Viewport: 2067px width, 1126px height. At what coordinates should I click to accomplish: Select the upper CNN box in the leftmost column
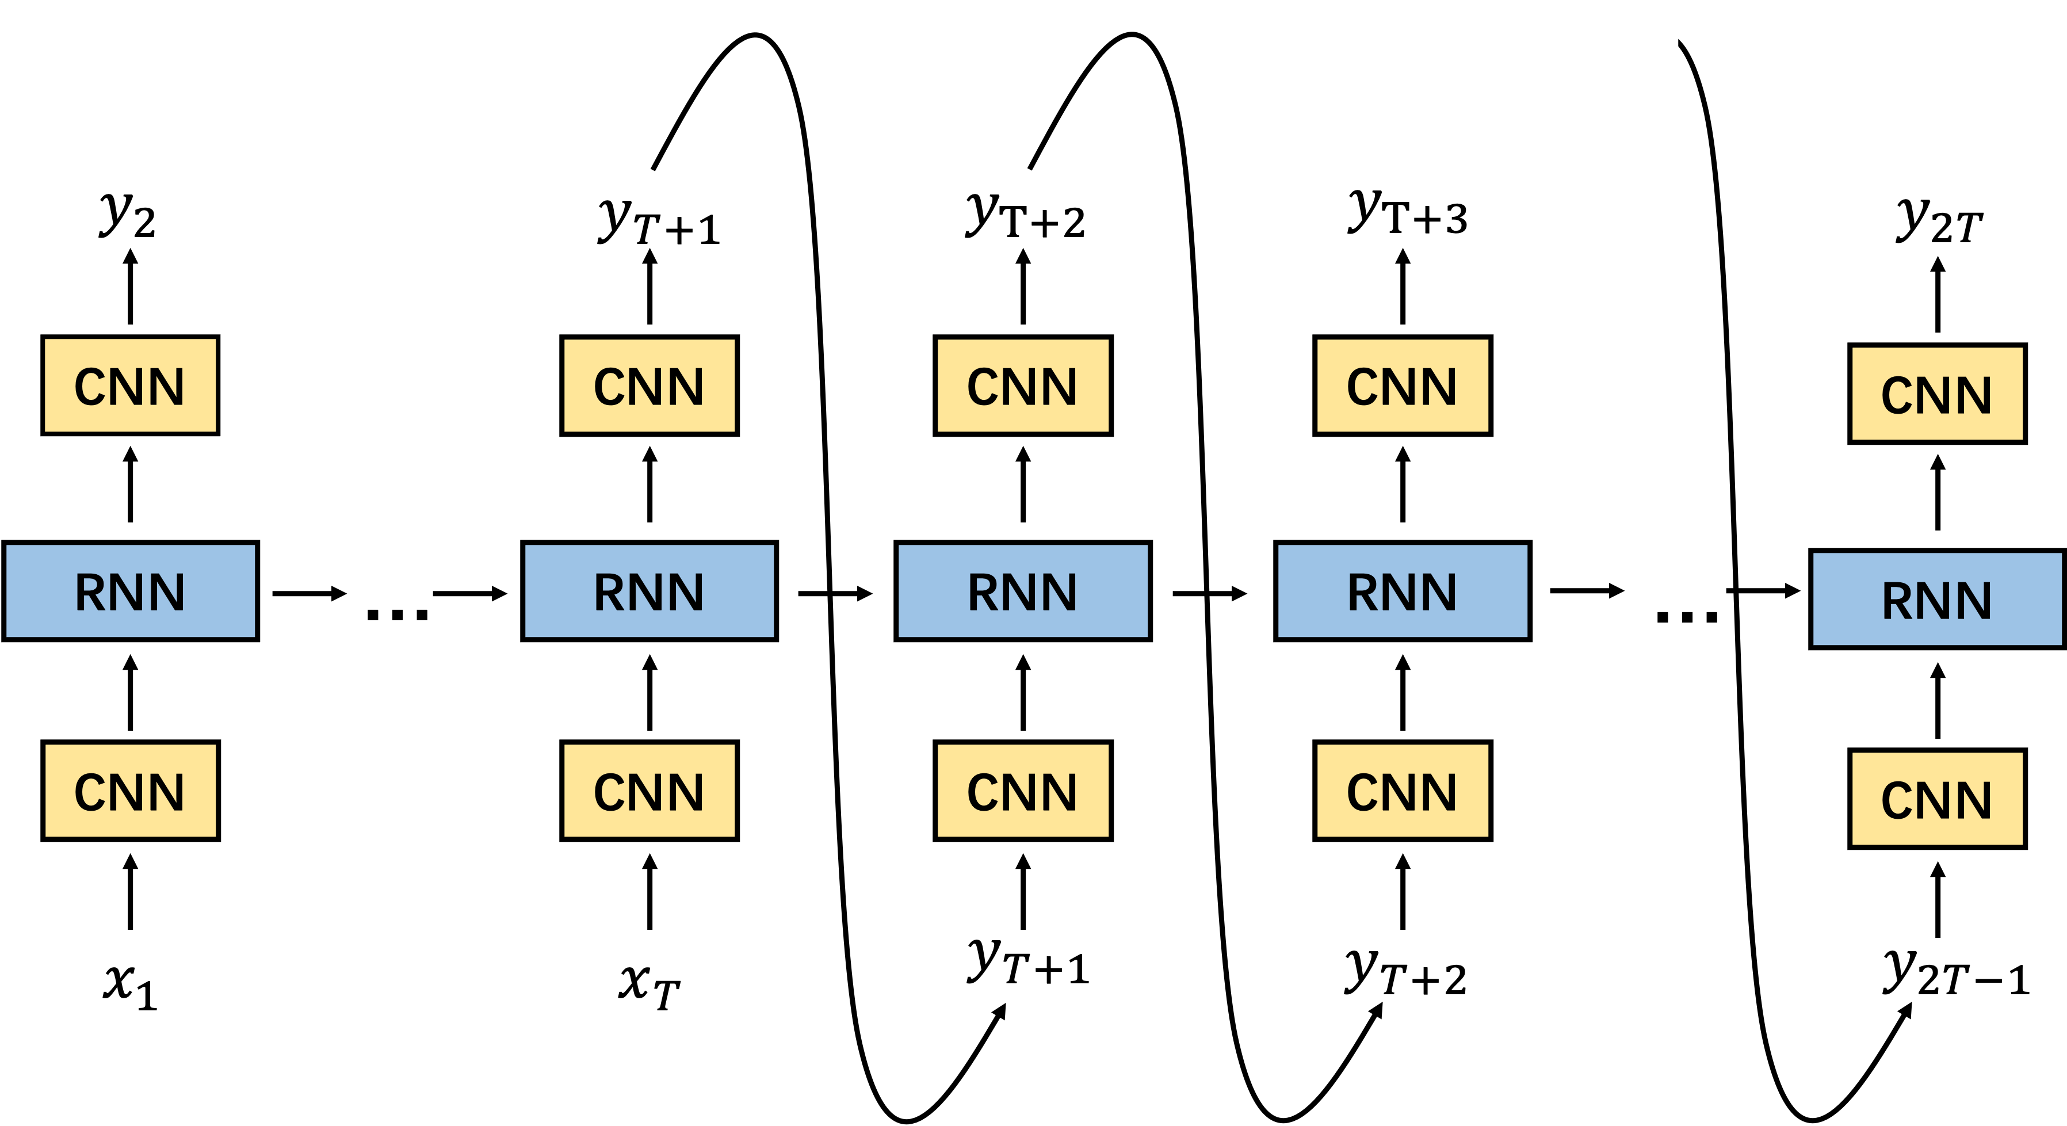coord(130,385)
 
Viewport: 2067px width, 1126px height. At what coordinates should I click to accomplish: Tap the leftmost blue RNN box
coord(130,591)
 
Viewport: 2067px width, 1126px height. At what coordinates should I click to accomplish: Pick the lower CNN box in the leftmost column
coord(130,791)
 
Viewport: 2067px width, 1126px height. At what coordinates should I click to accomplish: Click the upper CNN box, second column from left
coord(649,385)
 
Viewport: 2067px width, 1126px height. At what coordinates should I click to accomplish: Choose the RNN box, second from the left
coord(649,591)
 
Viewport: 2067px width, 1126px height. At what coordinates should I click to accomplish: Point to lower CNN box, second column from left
coord(649,791)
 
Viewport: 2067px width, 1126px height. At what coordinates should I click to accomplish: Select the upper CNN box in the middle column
coord(1023,385)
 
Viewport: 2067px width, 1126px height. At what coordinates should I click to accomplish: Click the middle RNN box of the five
coord(1023,591)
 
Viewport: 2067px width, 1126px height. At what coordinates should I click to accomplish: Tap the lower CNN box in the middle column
coord(1023,791)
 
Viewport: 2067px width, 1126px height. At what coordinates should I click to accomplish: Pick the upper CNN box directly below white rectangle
coord(1403,385)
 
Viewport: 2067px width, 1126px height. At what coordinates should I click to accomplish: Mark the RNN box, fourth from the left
coord(1403,591)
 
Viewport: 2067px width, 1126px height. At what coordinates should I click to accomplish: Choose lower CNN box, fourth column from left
coord(1403,791)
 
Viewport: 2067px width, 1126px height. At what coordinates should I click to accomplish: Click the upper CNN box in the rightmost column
coord(1937,393)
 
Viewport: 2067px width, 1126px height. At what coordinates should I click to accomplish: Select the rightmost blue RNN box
coord(1937,600)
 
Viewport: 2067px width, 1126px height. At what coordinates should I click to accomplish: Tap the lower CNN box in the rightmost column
coord(1937,799)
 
